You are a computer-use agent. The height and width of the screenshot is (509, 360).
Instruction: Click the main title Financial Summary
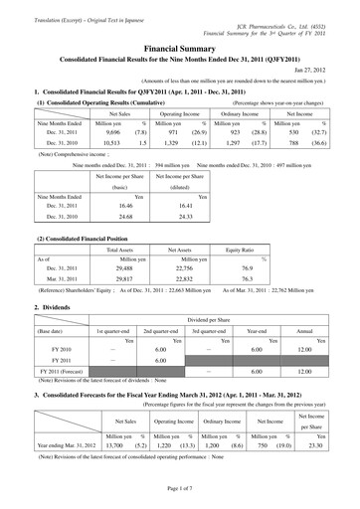click(x=179, y=46)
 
